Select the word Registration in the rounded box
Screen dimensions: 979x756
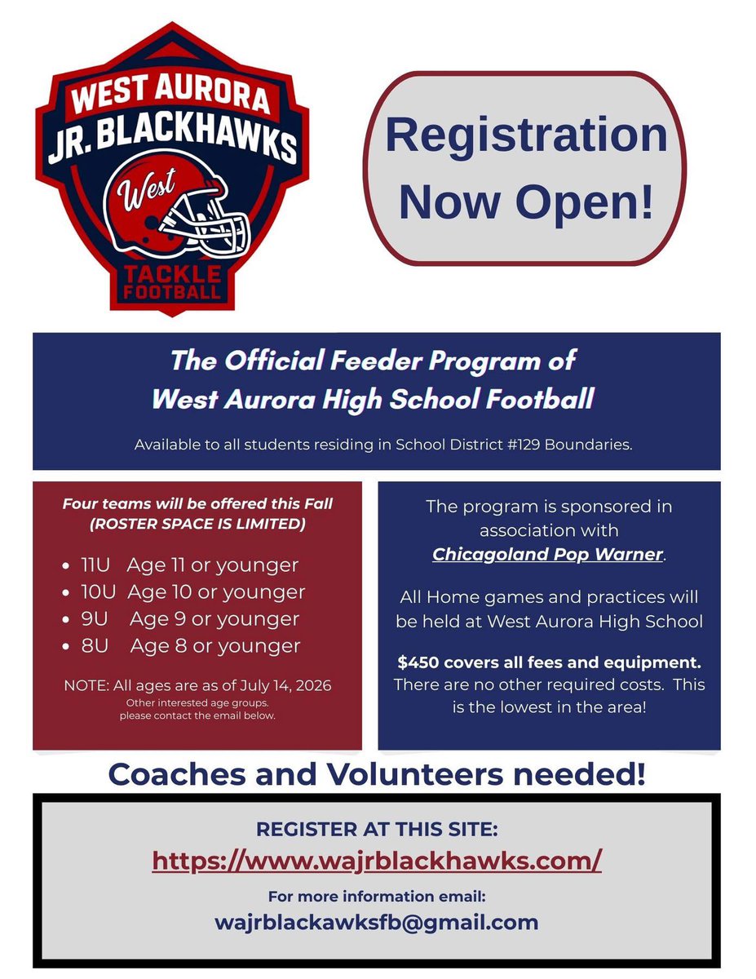(x=526, y=135)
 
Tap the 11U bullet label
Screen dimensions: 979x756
(x=95, y=565)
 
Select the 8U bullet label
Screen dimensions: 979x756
(x=94, y=646)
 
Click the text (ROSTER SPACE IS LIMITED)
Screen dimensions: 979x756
(x=198, y=524)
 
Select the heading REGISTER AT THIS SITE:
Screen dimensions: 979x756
(x=377, y=830)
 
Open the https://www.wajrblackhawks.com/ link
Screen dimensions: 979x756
(x=377, y=860)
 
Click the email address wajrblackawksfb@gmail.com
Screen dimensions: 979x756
(x=377, y=922)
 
